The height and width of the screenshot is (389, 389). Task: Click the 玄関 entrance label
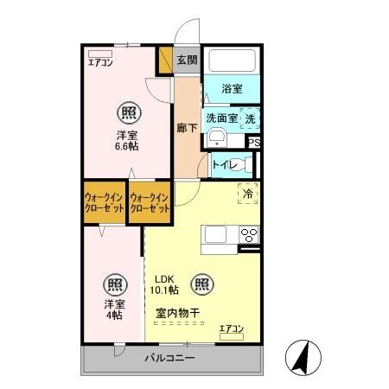click(187, 60)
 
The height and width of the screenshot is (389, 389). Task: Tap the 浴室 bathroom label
click(232, 88)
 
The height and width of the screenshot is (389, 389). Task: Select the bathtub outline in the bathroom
click(233, 61)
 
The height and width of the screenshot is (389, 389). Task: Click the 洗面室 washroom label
click(222, 118)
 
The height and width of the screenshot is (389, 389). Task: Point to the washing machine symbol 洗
click(250, 118)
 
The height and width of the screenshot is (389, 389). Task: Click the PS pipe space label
click(254, 142)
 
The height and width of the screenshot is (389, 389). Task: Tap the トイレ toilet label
click(225, 165)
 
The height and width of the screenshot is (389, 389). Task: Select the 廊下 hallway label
click(187, 128)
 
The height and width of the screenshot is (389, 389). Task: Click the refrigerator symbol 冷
click(248, 194)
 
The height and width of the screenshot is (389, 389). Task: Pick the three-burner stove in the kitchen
click(249, 235)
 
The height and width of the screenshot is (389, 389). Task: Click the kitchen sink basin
click(215, 234)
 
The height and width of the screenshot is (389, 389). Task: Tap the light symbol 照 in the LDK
click(202, 284)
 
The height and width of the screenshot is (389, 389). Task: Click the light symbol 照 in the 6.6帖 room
click(129, 113)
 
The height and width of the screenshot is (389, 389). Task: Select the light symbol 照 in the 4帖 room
click(115, 284)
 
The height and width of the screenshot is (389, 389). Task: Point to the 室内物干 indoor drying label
click(178, 313)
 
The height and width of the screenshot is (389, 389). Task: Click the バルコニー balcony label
click(170, 358)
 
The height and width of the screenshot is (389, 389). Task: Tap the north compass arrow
click(302, 356)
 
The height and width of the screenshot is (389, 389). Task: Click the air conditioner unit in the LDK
click(232, 336)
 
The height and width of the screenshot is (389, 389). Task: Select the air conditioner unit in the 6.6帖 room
click(100, 54)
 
